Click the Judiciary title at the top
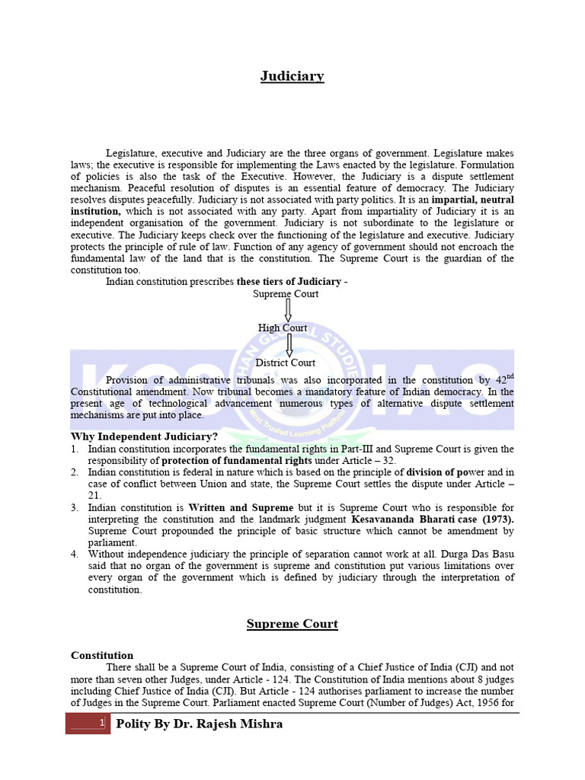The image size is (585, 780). [292, 76]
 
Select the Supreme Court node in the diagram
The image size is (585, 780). [286, 293]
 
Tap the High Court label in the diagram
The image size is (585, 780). [283, 328]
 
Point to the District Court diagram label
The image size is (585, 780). [285, 363]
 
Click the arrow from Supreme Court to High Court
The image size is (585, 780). [288, 311]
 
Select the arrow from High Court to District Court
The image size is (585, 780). [289, 345]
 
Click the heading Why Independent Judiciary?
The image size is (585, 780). [144, 436]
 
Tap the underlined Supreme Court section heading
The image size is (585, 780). [292, 624]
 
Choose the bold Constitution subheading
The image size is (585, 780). [102, 655]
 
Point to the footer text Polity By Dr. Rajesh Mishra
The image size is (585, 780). [198, 724]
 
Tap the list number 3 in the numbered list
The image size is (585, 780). [75, 507]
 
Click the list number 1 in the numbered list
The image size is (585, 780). [75, 449]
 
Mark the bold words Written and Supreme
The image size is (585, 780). [241, 507]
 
